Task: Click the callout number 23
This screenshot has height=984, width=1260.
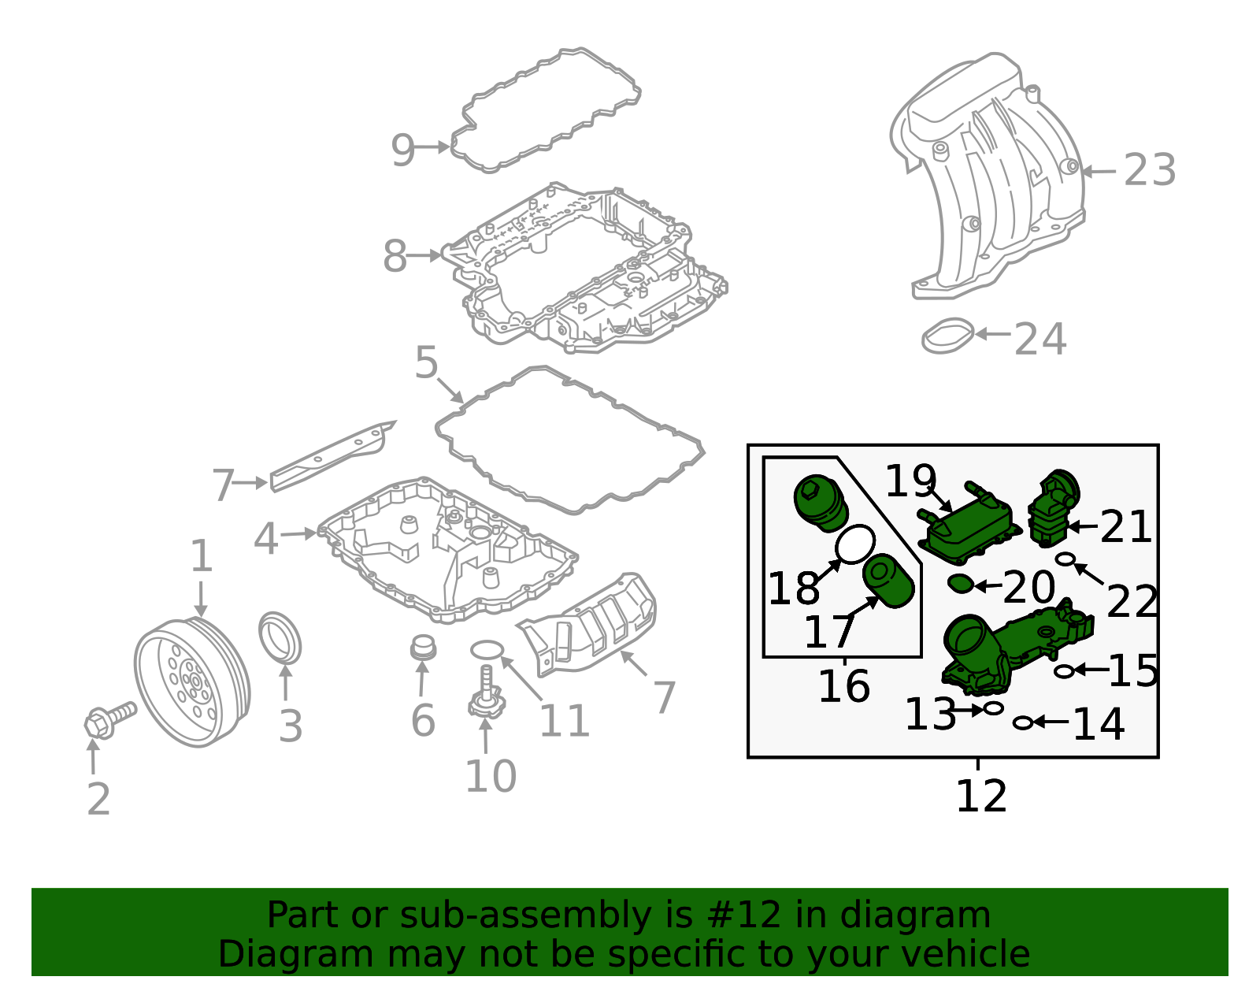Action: pos(1149,170)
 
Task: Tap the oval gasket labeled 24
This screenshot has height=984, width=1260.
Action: pos(947,336)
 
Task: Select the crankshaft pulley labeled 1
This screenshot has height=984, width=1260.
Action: pos(191,682)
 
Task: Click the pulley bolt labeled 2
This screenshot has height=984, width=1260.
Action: pos(109,719)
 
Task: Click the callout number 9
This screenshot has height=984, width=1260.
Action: pos(402,149)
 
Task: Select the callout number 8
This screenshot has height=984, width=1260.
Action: pos(395,256)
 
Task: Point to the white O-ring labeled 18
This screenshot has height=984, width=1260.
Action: pos(854,544)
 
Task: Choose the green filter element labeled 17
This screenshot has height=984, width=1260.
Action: pos(890,581)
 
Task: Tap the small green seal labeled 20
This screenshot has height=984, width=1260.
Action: pos(961,585)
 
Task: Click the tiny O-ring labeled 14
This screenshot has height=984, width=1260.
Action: pos(1022,722)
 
